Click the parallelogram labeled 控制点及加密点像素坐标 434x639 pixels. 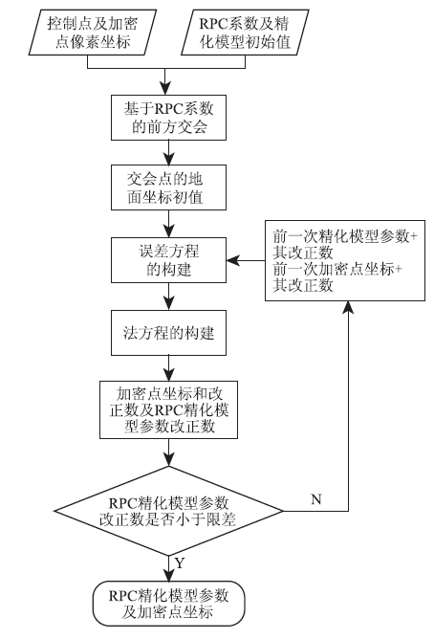pyautogui.click(x=93, y=33)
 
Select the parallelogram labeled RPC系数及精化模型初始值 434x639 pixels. pyautogui.click(x=245, y=33)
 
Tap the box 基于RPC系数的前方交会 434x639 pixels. pyautogui.click(x=168, y=118)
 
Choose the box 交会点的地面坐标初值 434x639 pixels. pyautogui.click(x=168, y=187)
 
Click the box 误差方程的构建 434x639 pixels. pyautogui.click(x=168, y=260)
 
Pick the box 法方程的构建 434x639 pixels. pyautogui.click(x=168, y=333)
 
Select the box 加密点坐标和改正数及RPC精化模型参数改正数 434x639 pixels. pyautogui.click(x=168, y=409)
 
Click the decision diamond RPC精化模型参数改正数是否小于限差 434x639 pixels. pyautogui.click(x=168, y=511)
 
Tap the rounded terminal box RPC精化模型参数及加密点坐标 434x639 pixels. pyautogui.click(x=168, y=604)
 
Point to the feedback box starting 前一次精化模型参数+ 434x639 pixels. pyautogui.click(x=345, y=261)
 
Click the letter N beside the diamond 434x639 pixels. pyautogui.click(x=316, y=499)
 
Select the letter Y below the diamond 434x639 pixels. pyautogui.click(x=180, y=562)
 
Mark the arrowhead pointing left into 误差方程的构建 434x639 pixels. pyautogui.click(x=232, y=260)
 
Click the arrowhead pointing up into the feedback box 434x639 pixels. pyautogui.click(x=348, y=307)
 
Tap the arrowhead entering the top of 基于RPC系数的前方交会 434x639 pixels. pyautogui.click(x=164, y=89)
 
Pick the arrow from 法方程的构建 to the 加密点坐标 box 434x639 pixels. pyautogui.click(x=168, y=368)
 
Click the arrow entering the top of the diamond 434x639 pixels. pyautogui.click(x=168, y=452)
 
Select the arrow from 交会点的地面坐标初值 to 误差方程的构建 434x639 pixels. pyautogui.click(x=168, y=224)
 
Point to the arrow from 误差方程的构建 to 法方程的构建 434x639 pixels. pyautogui.click(x=168, y=297)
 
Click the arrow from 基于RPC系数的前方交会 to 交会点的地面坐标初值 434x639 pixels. pyautogui.click(x=168, y=152)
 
